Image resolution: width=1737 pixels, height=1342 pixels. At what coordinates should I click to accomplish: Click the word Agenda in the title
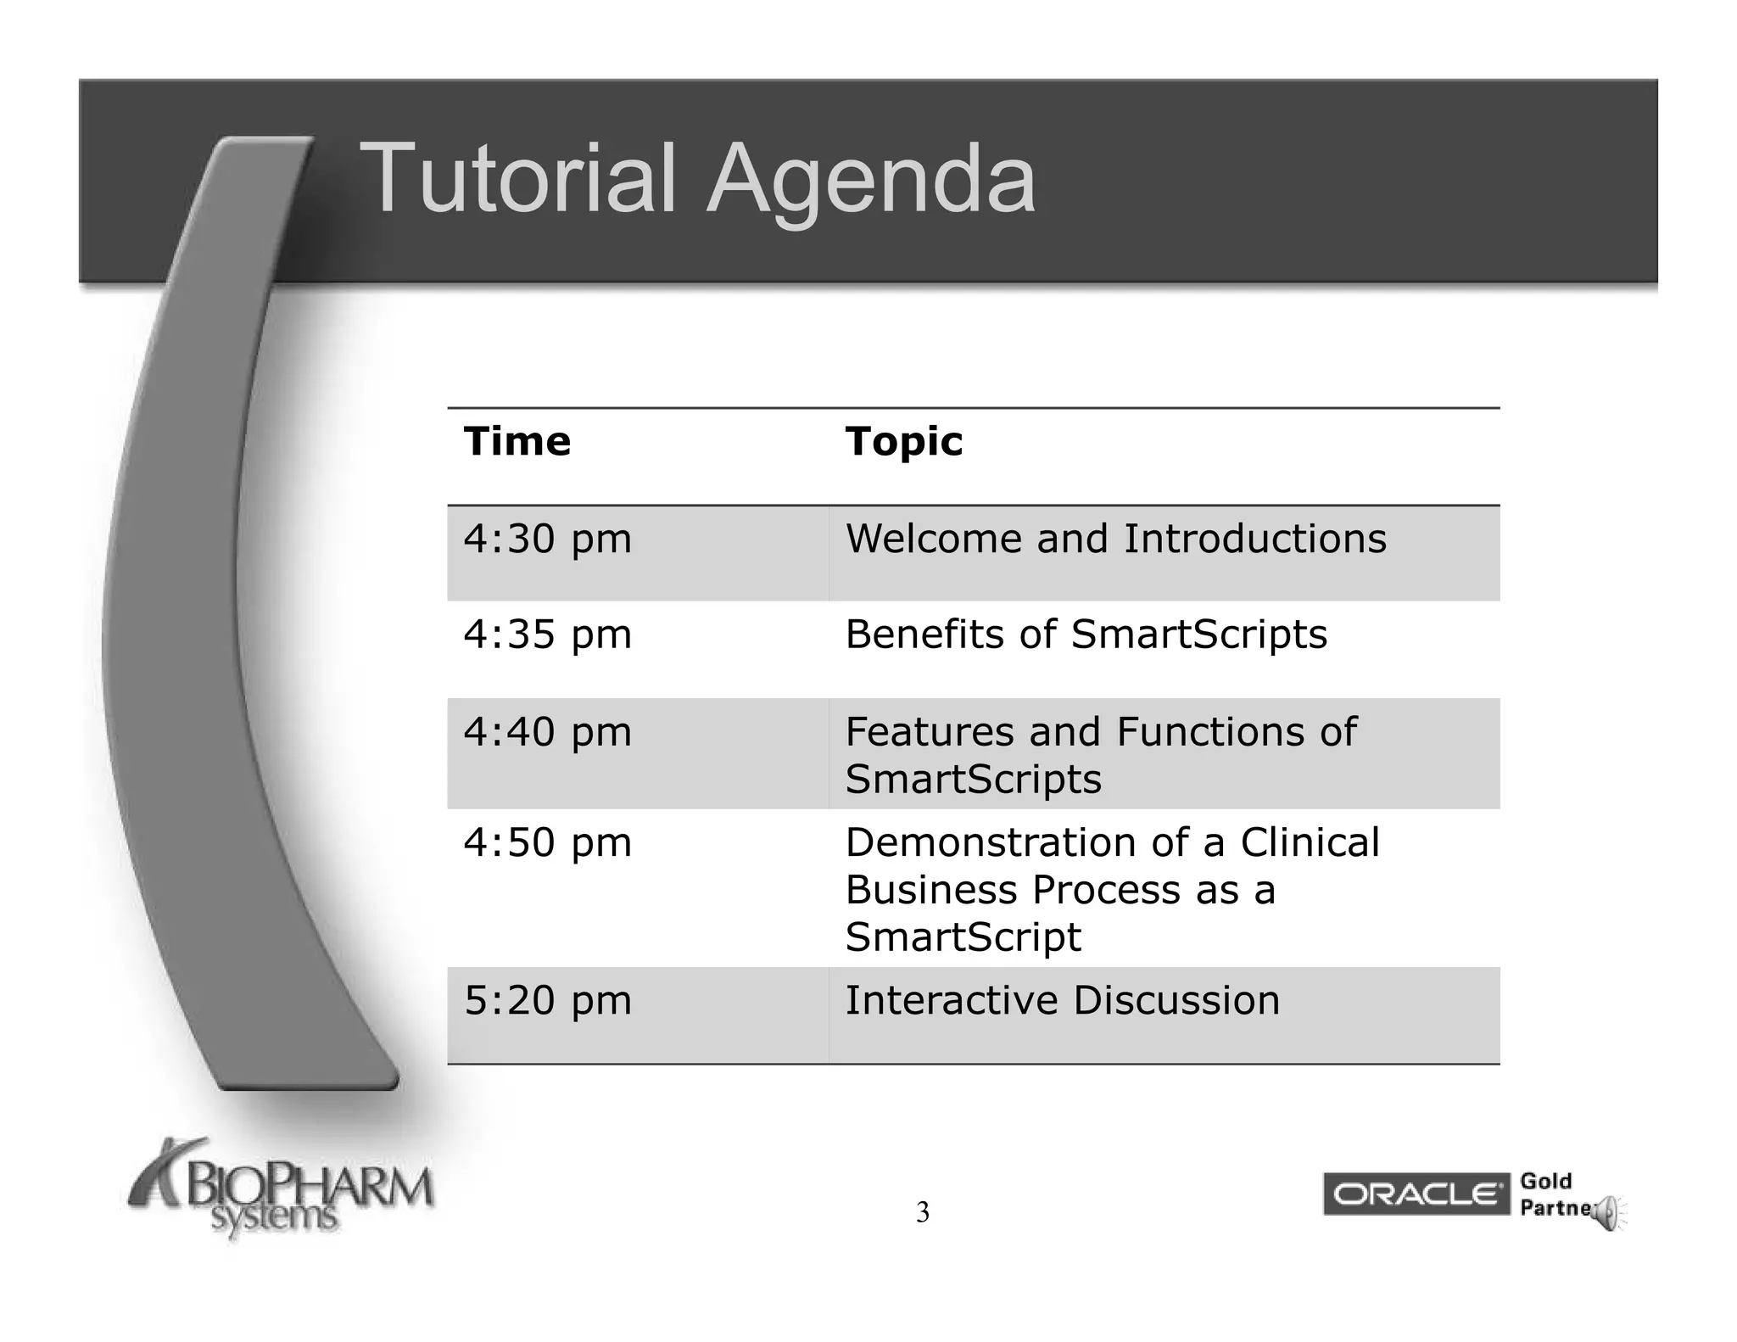click(871, 178)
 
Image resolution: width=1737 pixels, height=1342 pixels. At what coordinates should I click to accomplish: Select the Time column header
click(517, 441)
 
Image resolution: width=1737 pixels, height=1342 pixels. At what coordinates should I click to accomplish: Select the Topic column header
click(903, 441)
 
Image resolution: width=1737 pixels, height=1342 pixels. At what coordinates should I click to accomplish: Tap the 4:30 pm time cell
click(547, 540)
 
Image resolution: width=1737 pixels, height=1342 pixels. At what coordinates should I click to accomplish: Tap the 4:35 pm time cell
click(547, 635)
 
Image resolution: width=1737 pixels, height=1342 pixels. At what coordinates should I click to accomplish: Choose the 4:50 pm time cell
click(547, 843)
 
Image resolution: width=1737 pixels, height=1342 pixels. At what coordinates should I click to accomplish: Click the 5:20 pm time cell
click(547, 1001)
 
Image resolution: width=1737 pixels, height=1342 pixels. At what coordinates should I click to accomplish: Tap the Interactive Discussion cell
click(1062, 1001)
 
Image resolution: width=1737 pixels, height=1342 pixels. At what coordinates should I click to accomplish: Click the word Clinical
click(1310, 843)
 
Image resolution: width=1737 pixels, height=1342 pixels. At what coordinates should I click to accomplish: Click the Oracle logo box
click(1416, 1194)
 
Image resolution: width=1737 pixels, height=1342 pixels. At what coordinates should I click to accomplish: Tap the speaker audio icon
click(1607, 1215)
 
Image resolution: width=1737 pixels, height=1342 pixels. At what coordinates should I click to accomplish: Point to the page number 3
click(922, 1213)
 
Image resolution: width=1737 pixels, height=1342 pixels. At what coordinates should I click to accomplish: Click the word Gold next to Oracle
click(1545, 1181)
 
